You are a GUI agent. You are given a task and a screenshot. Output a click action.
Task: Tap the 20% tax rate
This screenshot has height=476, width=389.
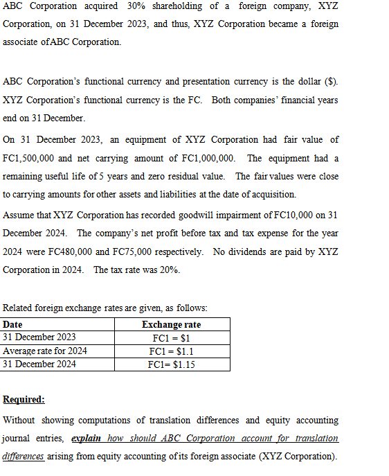click(169, 269)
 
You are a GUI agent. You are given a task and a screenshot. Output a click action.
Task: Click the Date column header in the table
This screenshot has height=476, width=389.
click(12, 325)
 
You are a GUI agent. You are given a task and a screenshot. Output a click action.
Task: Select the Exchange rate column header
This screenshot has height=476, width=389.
click(171, 325)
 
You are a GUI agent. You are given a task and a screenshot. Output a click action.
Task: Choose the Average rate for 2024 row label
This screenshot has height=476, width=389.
click(46, 351)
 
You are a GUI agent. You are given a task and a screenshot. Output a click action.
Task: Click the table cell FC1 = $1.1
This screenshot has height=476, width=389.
click(171, 351)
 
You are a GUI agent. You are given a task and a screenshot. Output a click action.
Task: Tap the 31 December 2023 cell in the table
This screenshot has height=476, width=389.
click(39, 337)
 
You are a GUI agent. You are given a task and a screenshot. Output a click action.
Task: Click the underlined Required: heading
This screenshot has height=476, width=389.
click(24, 400)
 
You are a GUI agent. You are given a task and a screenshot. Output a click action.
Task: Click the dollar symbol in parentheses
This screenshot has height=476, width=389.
click(332, 82)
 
